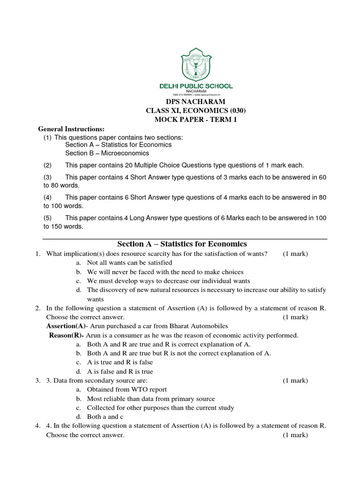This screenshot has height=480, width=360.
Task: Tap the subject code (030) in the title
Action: point(237,111)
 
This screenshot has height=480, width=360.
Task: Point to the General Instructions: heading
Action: point(71,129)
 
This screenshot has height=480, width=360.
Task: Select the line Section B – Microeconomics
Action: point(107,153)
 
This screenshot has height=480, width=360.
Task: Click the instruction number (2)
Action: point(48,165)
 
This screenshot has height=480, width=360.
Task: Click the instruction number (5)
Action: point(48,218)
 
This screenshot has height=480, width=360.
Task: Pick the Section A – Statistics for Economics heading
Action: point(182,244)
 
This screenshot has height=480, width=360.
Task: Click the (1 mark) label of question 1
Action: point(295,254)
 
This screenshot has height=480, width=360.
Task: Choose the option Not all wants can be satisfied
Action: point(129,262)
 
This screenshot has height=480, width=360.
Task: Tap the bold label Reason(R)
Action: point(66,335)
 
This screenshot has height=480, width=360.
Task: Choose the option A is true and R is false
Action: point(120,362)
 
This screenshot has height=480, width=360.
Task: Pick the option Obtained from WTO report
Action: point(127,390)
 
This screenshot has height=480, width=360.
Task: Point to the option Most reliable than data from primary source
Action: point(151,398)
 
